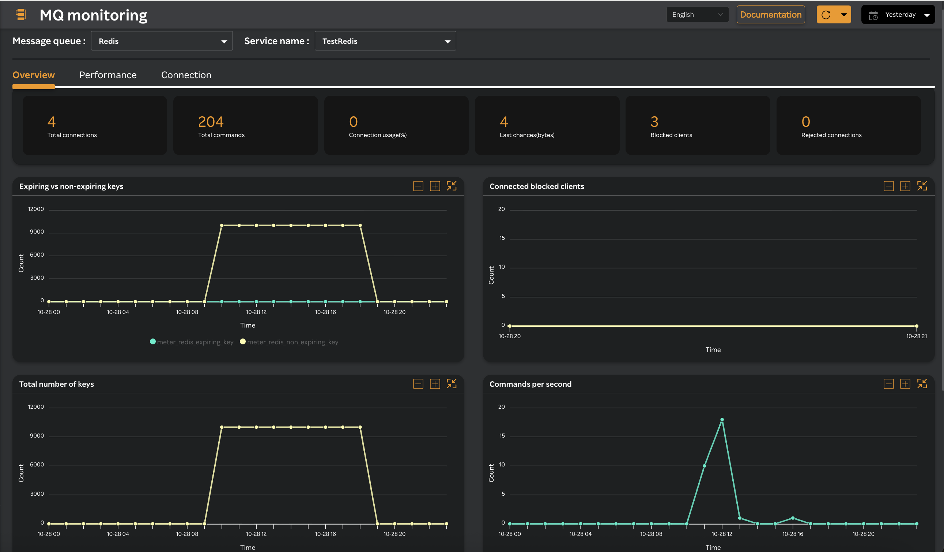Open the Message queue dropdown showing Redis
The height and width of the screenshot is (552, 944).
click(162, 41)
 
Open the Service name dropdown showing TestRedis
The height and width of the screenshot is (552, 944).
click(385, 41)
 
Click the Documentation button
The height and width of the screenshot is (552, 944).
click(770, 15)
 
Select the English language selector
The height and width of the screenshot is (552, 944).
click(697, 15)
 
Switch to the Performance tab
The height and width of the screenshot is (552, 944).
click(108, 75)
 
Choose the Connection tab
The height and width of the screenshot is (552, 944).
click(186, 75)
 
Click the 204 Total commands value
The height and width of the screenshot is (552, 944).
click(211, 122)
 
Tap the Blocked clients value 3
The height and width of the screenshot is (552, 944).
click(654, 122)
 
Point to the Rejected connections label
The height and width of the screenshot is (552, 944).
click(831, 135)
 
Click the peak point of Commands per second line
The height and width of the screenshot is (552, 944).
click(722, 420)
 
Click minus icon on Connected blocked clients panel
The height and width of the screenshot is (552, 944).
click(888, 186)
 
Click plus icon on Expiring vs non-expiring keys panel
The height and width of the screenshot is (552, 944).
click(435, 186)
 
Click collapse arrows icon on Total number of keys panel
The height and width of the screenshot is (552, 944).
click(452, 384)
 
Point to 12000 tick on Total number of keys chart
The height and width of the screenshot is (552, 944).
click(36, 407)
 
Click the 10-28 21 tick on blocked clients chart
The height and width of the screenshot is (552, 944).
click(916, 336)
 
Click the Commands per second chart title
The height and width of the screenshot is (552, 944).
click(530, 384)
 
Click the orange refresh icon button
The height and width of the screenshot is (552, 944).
click(826, 15)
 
